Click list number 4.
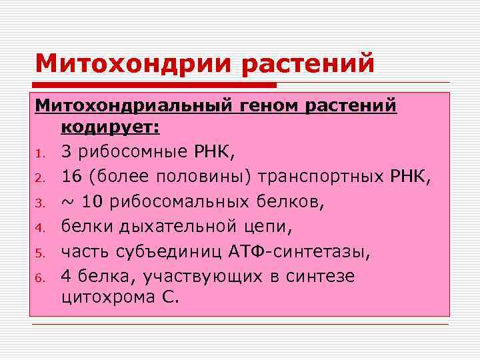click(40, 228)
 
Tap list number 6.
click(40, 277)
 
